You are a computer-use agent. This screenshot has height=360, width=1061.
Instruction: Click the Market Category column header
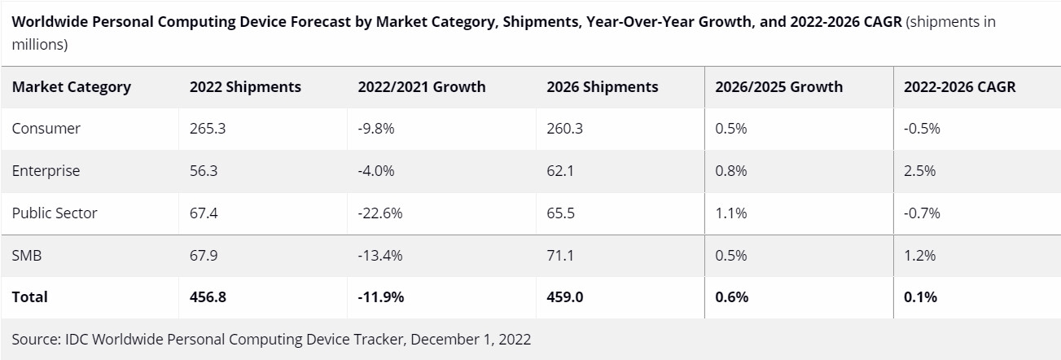click(72, 87)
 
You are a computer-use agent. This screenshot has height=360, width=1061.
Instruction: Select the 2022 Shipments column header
click(245, 87)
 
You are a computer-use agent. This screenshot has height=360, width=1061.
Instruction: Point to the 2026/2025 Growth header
click(778, 87)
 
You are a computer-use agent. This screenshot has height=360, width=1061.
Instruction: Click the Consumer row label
click(46, 129)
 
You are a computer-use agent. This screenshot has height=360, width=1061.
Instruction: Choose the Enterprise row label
click(46, 171)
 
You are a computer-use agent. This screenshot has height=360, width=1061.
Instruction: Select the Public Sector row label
click(55, 213)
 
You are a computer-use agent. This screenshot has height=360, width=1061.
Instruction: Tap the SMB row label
click(27, 256)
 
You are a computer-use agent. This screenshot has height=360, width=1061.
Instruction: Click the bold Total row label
click(30, 297)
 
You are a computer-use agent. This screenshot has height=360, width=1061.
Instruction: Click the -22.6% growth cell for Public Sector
click(380, 213)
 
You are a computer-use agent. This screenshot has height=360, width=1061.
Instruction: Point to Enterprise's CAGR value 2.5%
click(919, 171)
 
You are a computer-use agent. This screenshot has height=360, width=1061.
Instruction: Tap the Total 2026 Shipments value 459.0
click(565, 297)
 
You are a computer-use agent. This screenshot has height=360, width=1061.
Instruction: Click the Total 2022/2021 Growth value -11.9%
click(381, 297)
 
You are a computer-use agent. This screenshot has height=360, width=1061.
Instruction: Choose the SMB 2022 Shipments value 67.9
click(204, 256)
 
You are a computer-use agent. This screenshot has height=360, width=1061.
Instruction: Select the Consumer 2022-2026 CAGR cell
click(922, 129)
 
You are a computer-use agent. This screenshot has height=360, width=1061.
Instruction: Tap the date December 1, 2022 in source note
click(471, 340)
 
